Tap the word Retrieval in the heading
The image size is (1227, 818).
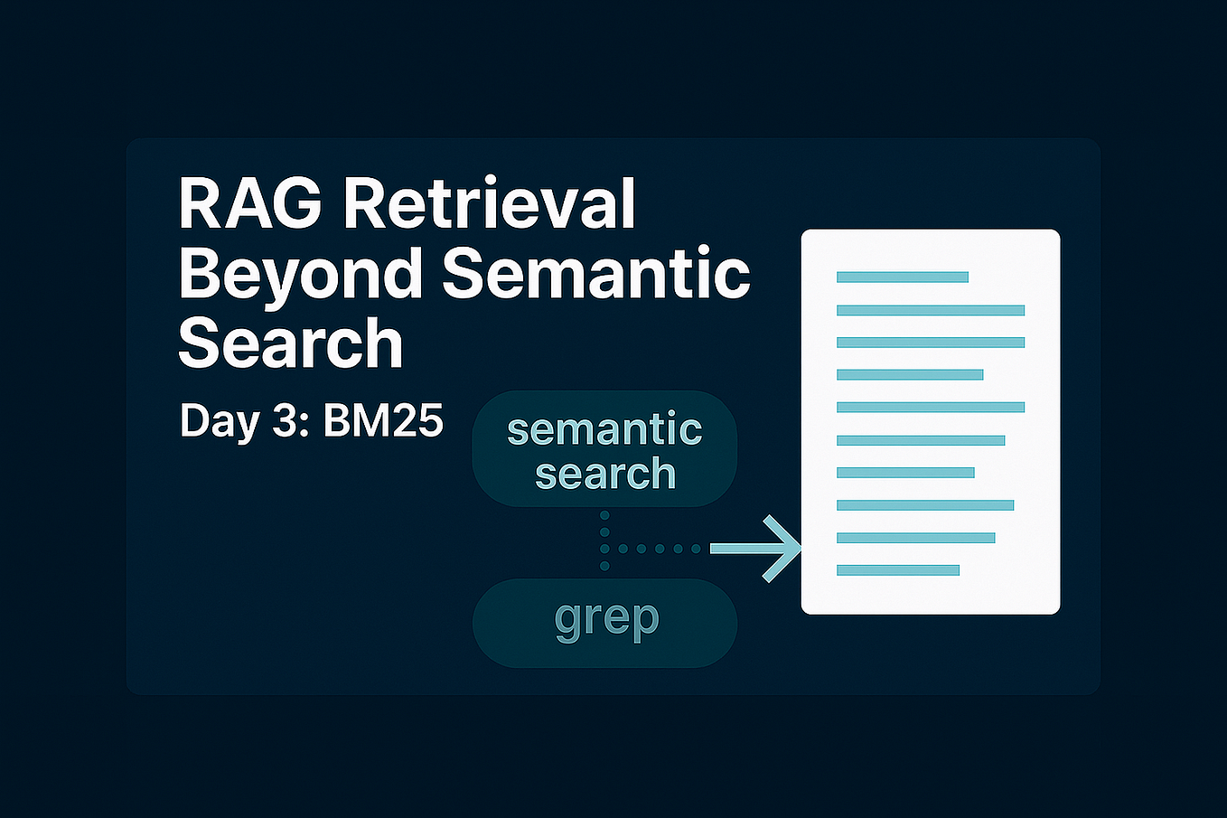point(490,203)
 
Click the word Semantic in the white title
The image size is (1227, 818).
point(596,273)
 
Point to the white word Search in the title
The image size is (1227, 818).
point(290,343)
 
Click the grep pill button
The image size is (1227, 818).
point(605,623)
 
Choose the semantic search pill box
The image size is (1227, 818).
point(605,449)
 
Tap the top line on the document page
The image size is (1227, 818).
point(902,277)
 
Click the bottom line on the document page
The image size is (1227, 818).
point(897,570)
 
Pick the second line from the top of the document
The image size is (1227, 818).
point(930,310)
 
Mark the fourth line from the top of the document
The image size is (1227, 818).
point(909,374)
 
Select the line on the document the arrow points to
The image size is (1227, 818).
point(915,538)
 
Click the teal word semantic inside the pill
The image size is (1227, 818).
point(604,428)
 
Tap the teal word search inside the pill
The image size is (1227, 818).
point(605,474)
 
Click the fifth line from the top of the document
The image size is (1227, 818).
point(930,407)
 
